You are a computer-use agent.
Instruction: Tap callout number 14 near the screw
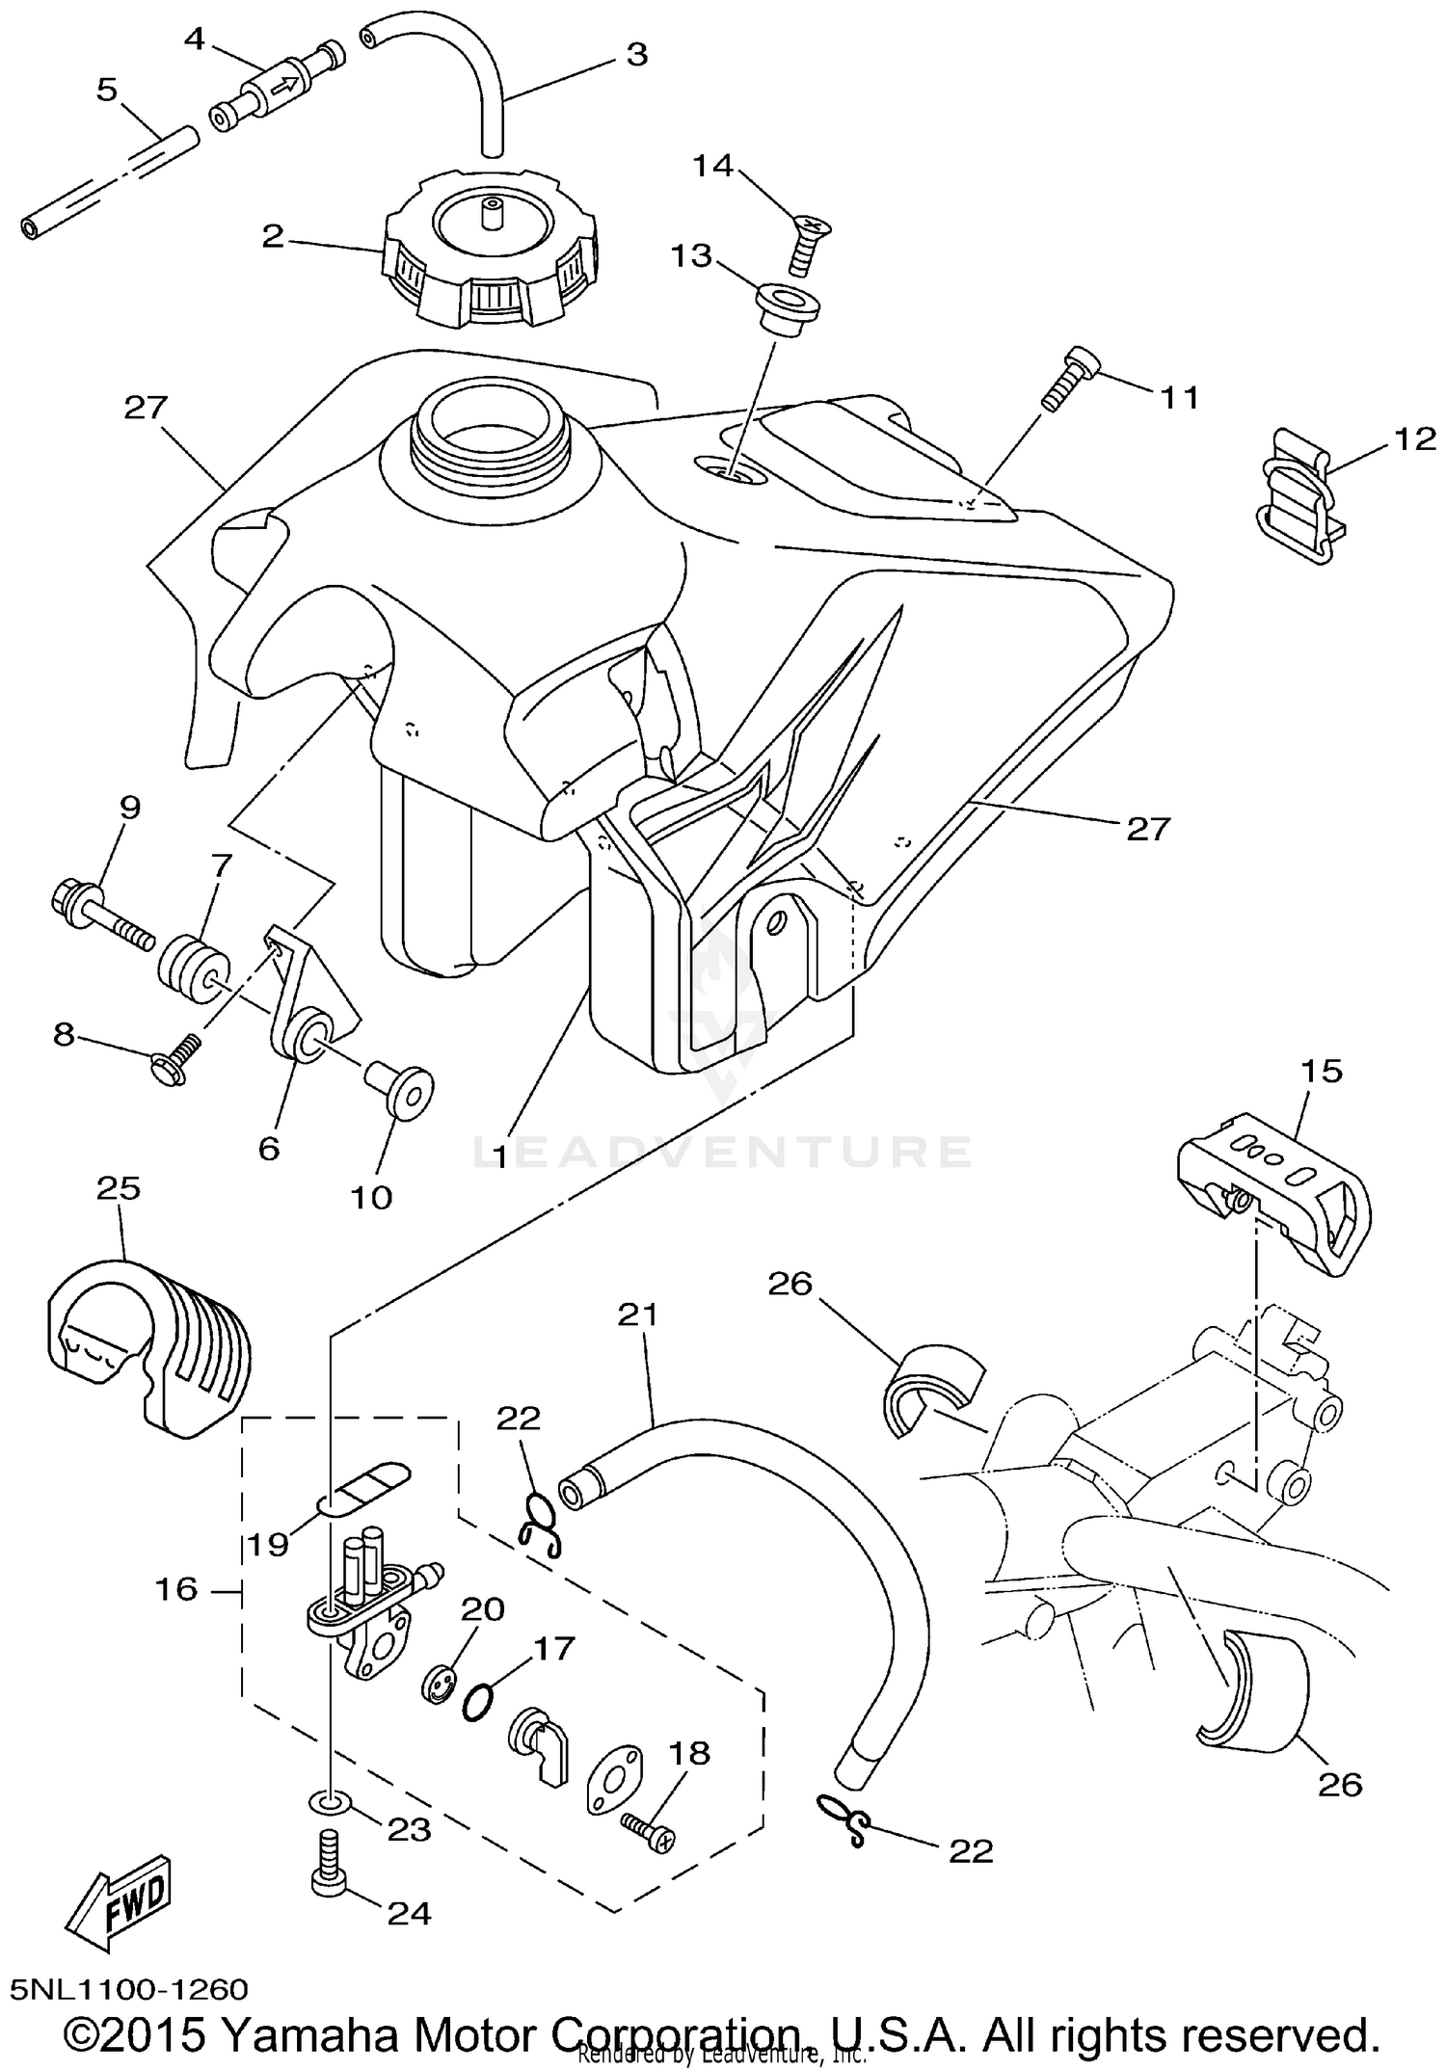[x=713, y=166]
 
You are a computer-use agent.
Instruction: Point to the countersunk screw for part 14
[x=801, y=243]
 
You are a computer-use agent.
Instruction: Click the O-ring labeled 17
[x=479, y=1702]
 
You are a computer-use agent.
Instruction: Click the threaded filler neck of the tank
[x=492, y=431]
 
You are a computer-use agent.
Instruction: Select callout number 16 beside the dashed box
[x=176, y=1588]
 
